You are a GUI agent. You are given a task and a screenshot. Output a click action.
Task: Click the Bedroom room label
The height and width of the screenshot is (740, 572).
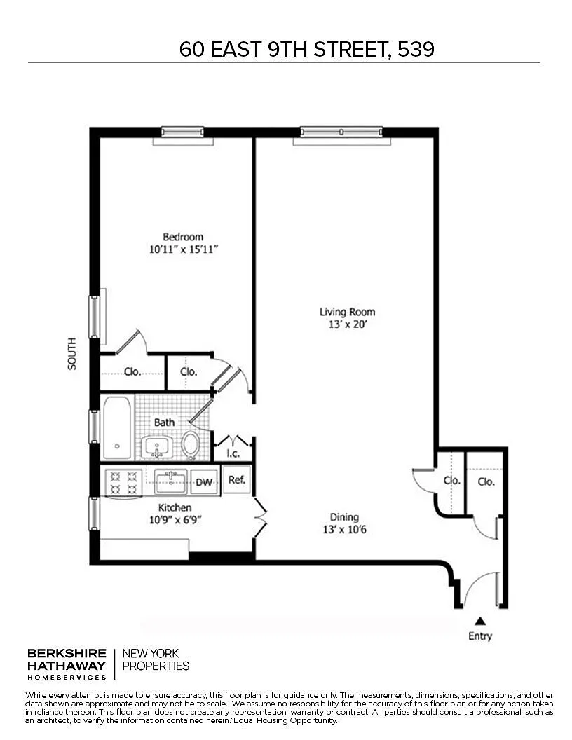(183, 237)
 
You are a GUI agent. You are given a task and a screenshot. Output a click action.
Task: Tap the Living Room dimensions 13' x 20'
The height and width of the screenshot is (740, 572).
(348, 324)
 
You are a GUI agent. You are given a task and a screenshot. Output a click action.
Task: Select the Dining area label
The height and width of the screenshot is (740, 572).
(344, 517)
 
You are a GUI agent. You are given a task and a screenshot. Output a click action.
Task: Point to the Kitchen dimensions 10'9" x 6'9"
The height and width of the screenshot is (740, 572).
(175, 520)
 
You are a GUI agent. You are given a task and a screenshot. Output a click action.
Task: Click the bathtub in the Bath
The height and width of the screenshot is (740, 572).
(117, 427)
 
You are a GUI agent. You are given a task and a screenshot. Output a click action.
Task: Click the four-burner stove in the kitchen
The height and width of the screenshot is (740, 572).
(123, 481)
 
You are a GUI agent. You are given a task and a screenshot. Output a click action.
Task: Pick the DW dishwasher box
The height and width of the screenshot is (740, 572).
(204, 482)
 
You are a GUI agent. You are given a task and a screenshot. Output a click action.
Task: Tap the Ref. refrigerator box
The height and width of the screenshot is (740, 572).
(236, 479)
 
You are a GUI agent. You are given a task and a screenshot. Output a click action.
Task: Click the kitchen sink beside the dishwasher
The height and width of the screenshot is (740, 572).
(171, 481)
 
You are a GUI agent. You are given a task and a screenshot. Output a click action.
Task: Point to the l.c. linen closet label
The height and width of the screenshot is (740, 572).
(233, 453)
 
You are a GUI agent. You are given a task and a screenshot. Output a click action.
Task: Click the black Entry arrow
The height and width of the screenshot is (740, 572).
(480, 621)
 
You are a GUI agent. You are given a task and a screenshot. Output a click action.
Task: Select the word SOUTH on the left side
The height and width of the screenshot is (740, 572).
(71, 353)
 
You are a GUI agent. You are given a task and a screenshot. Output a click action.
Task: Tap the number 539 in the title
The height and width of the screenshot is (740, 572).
(416, 49)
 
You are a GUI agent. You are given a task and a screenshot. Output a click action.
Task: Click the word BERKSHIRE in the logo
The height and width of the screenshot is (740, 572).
(67, 654)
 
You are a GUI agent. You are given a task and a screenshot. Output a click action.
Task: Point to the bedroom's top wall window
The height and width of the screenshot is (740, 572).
(183, 132)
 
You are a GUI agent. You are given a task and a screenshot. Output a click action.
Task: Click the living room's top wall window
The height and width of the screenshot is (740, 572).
(341, 132)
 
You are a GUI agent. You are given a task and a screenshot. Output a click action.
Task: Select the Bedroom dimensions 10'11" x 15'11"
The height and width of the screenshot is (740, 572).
(183, 249)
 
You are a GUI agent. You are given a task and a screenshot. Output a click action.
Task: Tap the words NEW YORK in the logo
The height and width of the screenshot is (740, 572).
(151, 654)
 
